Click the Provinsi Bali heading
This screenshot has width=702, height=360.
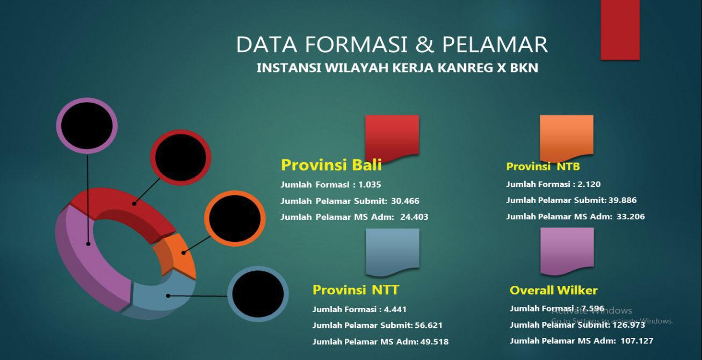click(331, 165)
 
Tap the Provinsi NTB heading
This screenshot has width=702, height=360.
click(543, 167)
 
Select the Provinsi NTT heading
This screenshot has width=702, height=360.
click(356, 290)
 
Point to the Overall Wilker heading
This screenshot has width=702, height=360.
click(553, 290)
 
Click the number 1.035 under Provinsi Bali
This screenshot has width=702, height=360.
click(370, 184)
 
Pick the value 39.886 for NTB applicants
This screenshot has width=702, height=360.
click(623, 200)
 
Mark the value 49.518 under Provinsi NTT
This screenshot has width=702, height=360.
click(435, 342)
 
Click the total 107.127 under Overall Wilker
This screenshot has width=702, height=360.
click(637, 341)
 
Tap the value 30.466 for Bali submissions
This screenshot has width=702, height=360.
click(405, 201)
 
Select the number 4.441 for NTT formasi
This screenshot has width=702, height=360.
click(395, 309)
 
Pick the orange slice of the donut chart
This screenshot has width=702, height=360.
click(176, 254)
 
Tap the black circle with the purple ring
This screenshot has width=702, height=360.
click(87, 125)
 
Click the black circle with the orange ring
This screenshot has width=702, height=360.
click(235, 219)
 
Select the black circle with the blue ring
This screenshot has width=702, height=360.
click(258, 294)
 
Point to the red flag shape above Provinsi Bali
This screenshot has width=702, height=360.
click(392, 137)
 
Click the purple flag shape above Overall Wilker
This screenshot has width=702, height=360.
click(567, 250)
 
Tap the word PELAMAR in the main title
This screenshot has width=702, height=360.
click(495, 44)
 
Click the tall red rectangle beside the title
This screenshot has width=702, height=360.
click(620, 30)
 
